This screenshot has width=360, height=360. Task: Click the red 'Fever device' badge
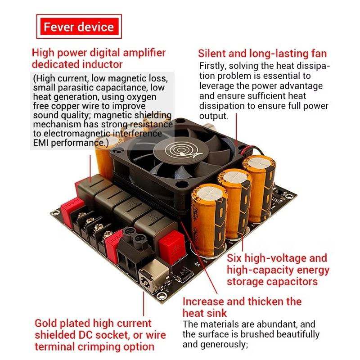pyautogui.click(x=79, y=27)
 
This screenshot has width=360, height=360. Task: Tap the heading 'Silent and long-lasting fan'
pyautogui.click(x=262, y=54)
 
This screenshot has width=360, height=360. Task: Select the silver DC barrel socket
pyautogui.click(x=154, y=275)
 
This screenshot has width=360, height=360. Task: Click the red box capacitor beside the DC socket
pyautogui.click(x=172, y=247)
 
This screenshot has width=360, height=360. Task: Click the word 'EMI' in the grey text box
pyautogui.click(x=40, y=143)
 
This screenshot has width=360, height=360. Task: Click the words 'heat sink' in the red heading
pyautogui.click(x=205, y=313)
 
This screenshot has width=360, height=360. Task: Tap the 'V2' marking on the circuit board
pyautogui.click(x=197, y=264)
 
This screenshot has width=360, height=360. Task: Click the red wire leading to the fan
pyautogui.click(x=251, y=147)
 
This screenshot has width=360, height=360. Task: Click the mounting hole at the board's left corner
pyautogui.click(x=55, y=213)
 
